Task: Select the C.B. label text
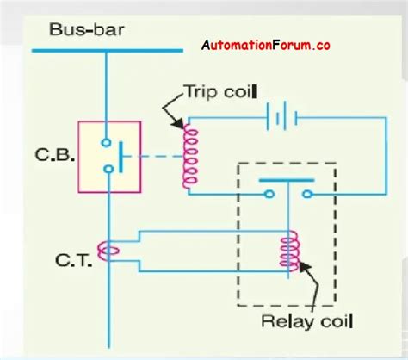coord(52,157)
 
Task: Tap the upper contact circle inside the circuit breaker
coord(108,143)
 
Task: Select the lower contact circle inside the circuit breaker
coord(108,169)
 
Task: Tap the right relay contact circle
coord(298,196)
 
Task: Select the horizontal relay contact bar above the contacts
coord(284,182)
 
